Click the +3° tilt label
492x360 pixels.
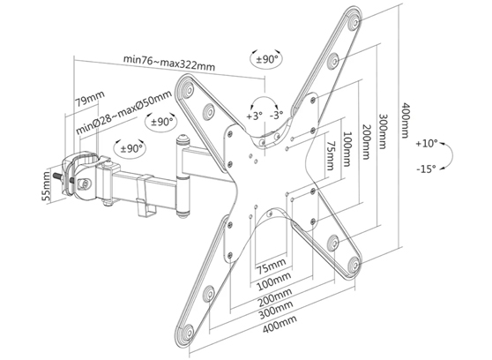(x=254, y=116)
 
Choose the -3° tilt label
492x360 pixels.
(x=277, y=116)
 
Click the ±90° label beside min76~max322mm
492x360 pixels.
(x=268, y=59)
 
